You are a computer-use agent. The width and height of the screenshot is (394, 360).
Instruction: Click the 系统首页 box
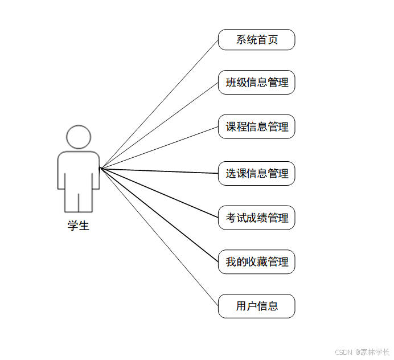(256, 40)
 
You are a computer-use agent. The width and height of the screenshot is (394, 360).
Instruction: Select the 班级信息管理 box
(256, 82)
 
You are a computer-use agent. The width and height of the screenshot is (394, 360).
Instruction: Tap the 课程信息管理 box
(256, 126)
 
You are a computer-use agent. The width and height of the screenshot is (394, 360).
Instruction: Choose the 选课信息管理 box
(256, 173)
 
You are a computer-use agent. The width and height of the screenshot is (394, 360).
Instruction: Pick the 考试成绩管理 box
(256, 218)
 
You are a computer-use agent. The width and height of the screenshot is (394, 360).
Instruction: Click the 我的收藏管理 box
(256, 262)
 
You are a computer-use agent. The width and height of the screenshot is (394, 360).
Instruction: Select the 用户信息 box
(256, 306)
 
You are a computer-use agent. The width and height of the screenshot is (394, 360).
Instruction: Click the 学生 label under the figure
(79, 226)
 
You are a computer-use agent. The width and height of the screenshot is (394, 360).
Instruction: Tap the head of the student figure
(79, 137)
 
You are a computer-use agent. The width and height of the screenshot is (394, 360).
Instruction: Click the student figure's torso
(79, 168)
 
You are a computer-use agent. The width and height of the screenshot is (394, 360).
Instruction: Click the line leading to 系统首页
(159, 104)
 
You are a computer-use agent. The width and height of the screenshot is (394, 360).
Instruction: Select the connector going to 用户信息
(159, 237)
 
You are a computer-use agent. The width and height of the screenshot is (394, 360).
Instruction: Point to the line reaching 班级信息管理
(159, 125)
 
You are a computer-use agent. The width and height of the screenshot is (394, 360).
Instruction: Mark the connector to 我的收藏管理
(159, 215)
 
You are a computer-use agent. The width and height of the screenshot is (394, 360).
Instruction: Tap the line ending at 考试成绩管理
(159, 193)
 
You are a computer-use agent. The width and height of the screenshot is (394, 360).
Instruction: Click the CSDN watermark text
(362, 352)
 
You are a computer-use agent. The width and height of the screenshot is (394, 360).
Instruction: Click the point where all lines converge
(100, 168)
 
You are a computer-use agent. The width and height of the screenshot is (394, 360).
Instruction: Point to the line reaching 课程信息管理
(159, 148)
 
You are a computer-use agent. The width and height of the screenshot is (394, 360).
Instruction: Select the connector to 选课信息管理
(159, 170)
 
